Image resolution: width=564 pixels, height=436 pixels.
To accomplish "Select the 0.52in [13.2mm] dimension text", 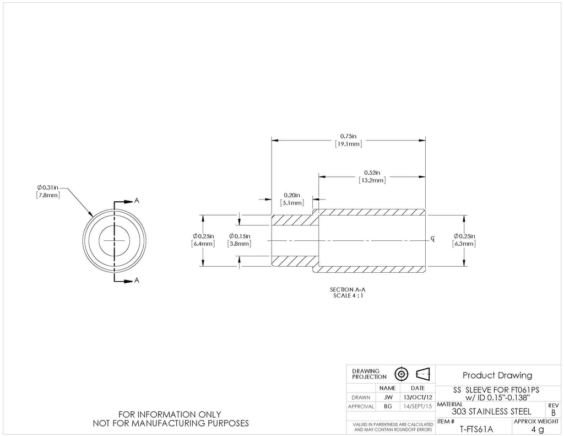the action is (372, 176).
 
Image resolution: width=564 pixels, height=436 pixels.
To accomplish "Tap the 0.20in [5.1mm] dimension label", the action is (292, 199).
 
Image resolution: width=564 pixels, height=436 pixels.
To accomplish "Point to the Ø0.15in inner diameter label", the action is (240, 236).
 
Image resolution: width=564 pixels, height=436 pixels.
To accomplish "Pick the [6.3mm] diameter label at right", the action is (464, 244).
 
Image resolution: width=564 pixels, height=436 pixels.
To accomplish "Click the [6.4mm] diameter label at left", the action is (203, 244).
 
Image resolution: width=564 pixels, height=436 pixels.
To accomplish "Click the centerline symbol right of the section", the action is (433, 239).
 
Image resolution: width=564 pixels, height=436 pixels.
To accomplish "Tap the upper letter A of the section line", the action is (137, 201).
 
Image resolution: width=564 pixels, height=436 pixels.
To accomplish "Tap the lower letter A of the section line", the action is (137, 281).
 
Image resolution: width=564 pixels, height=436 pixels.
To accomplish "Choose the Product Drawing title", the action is (497, 375).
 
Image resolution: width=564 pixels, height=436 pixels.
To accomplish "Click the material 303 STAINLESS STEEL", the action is (491, 412).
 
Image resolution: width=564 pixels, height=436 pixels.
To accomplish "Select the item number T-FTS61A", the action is (476, 429).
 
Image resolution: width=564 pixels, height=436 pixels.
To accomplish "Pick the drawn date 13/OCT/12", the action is (417, 397).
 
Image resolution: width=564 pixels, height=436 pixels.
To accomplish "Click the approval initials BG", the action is (388, 406).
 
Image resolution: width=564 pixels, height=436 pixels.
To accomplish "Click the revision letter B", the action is (553, 413).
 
